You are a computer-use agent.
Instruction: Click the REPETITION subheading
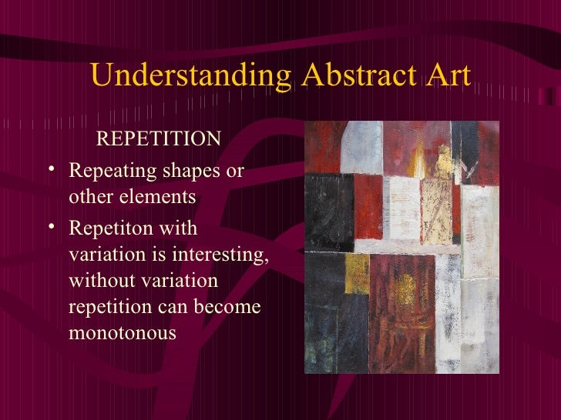[x=158, y=139]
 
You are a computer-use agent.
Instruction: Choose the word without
[x=96, y=281]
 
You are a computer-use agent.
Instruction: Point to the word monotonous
[x=123, y=335]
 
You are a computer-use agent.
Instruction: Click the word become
[x=230, y=308]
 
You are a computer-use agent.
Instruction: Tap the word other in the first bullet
[x=89, y=197]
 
